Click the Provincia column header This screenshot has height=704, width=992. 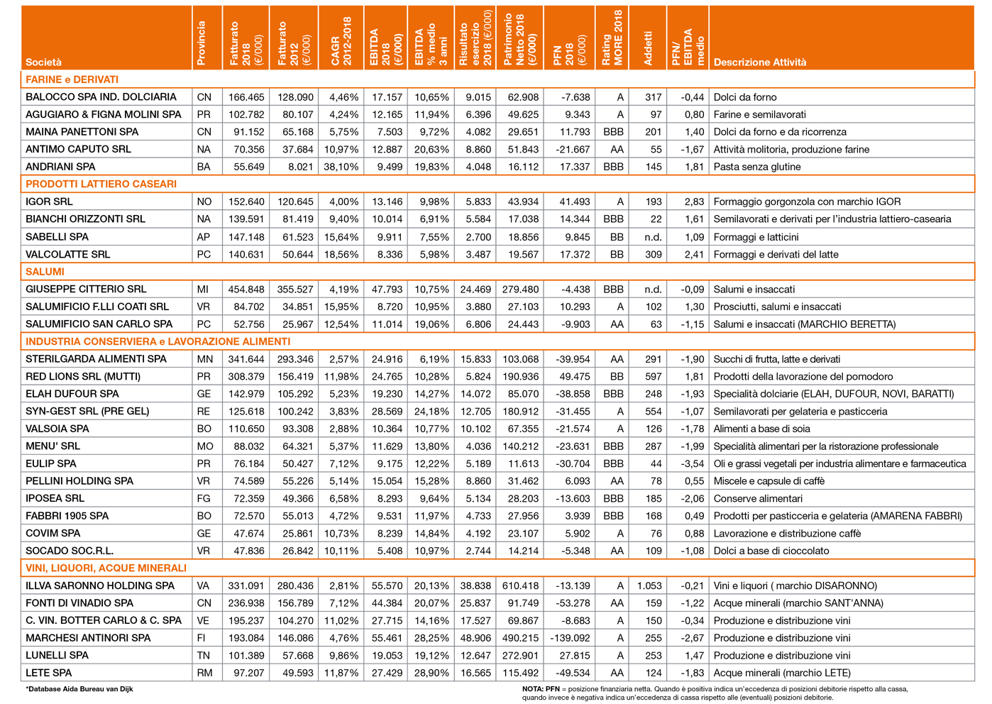[x=202, y=43]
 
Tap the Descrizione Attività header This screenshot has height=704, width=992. [x=760, y=62]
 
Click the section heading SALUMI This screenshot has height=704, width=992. [x=45, y=272]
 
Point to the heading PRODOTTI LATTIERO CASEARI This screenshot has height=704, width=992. [x=101, y=184]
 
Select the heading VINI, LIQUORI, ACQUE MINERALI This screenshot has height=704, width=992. [x=106, y=568]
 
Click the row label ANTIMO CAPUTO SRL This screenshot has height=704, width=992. [x=78, y=149]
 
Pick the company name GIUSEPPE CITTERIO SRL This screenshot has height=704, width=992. [x=86, y=289]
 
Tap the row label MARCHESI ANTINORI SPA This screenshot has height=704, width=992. [x=88, y=638]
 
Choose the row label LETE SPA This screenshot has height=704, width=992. [x=49, y=673]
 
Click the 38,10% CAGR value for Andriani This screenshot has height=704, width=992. [x=341, y=167]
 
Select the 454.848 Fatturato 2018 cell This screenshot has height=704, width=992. [x=246, y=289]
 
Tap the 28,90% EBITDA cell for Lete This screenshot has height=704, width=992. [x=431, y=673]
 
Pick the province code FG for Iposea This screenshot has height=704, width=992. [x=204, y=498]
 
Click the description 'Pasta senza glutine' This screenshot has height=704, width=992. [x=756, y=167]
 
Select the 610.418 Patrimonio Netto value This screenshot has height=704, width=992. [x=520, y=585]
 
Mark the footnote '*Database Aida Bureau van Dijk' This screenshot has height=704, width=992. [x=79, y=688]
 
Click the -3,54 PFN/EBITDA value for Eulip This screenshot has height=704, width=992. [x=690, y=463]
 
